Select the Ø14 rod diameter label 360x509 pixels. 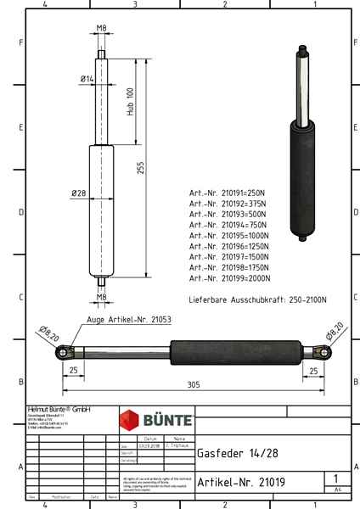87,79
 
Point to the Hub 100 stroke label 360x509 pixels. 130,102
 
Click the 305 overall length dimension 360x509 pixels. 193,383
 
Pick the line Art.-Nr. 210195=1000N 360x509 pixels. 230,235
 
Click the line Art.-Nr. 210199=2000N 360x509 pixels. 230,277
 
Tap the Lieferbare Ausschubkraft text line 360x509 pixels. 257,300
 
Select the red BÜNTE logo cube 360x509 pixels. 131,420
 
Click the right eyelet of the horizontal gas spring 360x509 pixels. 323,352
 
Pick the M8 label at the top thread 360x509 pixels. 101,29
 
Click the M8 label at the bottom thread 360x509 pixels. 101,298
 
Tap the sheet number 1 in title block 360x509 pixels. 337,479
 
